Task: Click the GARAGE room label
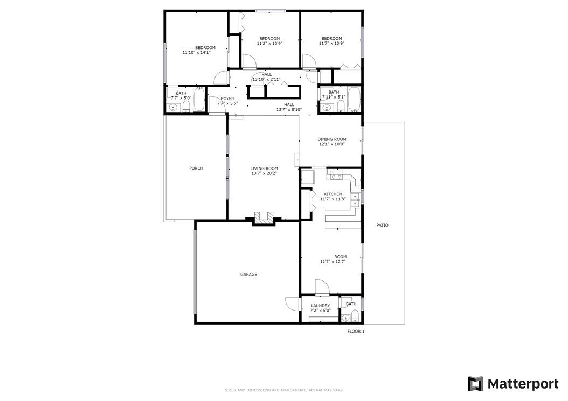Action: point(248,275)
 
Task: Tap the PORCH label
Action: point(196,168)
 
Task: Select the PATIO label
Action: point(382,225)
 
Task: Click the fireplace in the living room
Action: point(263,218)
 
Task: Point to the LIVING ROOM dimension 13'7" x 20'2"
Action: point(264,173)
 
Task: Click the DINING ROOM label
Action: point(332,139)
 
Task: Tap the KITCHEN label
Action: point(333,194)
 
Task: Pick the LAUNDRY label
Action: point(321,306)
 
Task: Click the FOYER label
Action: point(227,99)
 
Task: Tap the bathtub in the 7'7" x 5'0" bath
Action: point(199,100)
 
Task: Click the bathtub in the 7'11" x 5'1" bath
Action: point(354,100)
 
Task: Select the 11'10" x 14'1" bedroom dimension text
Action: point(197,52)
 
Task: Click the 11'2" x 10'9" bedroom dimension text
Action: point(269,44)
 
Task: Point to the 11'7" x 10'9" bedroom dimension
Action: point(331,43)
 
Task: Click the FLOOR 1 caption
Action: point(356,332)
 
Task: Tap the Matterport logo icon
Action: point(475,384)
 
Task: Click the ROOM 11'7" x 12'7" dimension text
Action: point(333,262)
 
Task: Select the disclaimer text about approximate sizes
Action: point(284,390)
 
